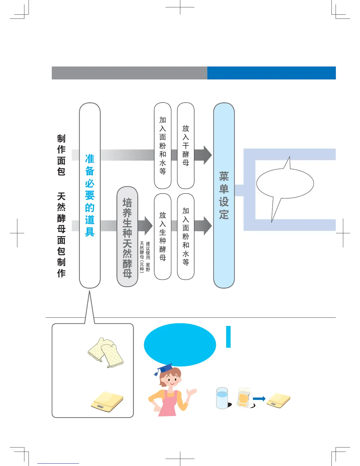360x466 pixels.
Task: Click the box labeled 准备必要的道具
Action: pos(90,195)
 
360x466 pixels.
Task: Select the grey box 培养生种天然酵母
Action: pos(127,237)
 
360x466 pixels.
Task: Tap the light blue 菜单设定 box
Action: pos(224,195)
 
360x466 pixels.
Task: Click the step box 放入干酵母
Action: pos(186,146)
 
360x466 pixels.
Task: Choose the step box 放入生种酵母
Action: pos(163,237)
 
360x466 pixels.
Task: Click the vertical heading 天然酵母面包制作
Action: pos(61,235)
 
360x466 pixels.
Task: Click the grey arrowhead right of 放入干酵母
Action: pos(207,155)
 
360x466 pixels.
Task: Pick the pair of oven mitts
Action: pos(106,352)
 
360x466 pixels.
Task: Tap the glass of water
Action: pos(222,398)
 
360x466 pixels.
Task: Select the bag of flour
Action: pos(244,397)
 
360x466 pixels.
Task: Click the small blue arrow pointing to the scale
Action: pos(259,399)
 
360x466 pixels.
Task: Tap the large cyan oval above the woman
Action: pos(180,344)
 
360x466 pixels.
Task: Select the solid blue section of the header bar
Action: pos(271,73)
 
